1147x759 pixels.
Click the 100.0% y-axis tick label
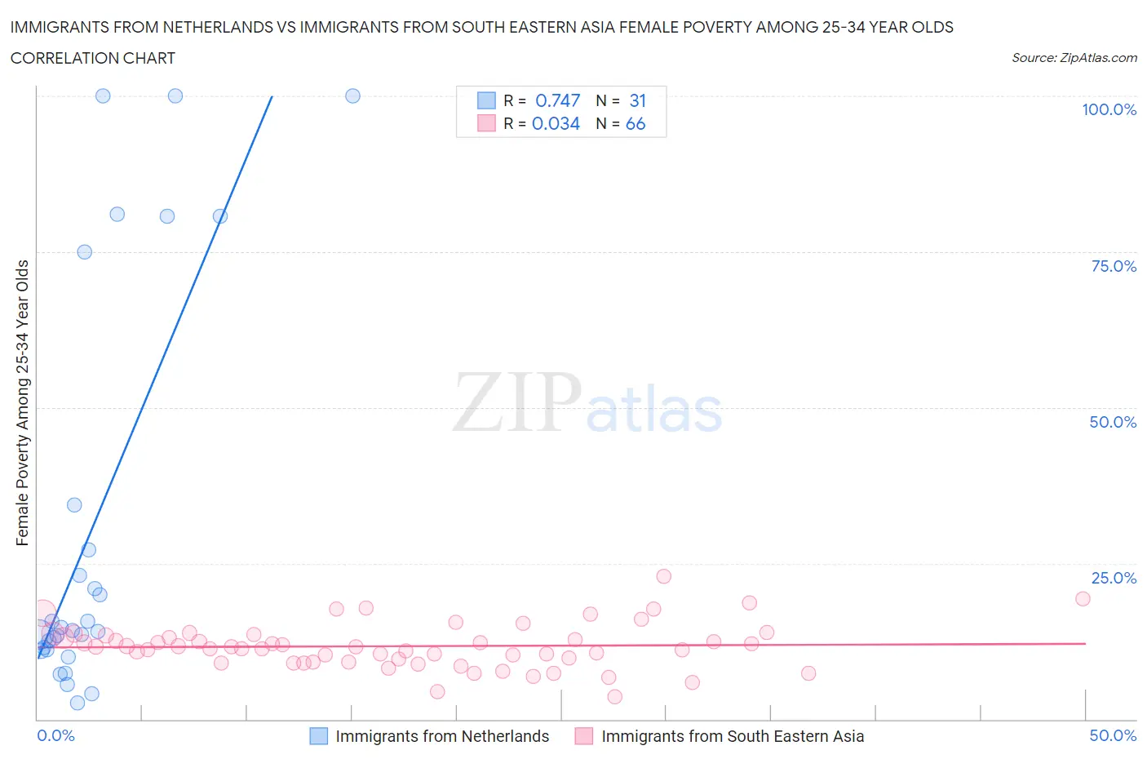[1109, 110]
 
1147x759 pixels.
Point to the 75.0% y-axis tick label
[1114, 267]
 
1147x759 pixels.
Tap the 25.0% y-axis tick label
[1114, 579]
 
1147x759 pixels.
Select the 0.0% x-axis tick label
[55, 736]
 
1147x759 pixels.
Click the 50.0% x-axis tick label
[1113, 736]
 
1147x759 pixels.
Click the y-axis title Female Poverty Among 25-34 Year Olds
[23, 402]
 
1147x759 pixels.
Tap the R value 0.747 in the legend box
[557, 101]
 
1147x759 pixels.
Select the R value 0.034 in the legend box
[556, 124]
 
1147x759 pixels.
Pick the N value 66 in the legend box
[635, 124]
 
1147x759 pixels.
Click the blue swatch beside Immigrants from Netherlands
[319, 736]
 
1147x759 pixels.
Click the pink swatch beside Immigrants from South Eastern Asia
[583, 736]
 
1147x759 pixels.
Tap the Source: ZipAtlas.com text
[1074, 58]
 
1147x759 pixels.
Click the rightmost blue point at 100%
[352, 95]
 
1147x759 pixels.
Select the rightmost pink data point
[1083, 598]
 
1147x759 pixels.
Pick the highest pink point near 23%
[663, 576]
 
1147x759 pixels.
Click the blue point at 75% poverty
[84, 252]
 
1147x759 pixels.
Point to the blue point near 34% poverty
[74, 505]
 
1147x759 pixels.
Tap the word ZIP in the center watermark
[517, 402]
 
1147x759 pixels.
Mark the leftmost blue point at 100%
[103, 95]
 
